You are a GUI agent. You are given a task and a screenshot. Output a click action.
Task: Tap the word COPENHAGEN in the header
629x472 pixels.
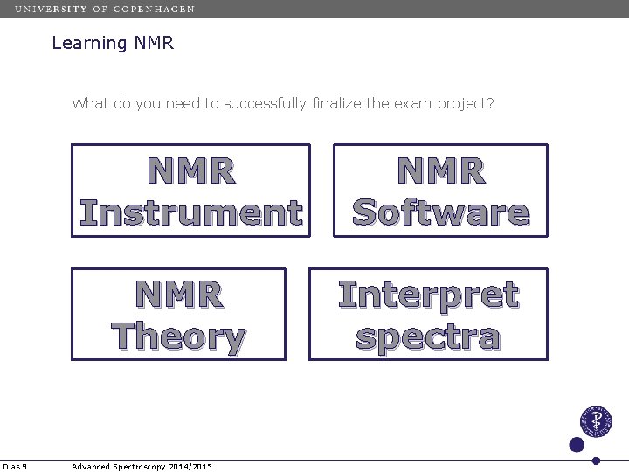point(154,9)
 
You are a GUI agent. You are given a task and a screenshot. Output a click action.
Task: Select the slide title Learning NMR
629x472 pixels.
point(113,43)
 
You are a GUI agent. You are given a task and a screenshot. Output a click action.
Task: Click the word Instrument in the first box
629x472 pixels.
point(190,212)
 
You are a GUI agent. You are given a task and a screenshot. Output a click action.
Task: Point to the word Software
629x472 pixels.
point(440,212)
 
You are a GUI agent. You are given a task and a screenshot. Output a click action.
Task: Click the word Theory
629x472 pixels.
point(178,337)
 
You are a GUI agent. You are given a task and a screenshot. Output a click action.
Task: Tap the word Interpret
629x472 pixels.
point(428,295)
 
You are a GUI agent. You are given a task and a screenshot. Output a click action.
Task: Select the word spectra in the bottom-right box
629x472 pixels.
point(428,337)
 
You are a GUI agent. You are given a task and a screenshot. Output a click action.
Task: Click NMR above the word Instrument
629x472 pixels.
point(190,171)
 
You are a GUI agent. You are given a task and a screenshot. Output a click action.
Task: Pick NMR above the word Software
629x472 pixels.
point(440,171)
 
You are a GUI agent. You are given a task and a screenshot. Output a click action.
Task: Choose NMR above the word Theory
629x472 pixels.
point(178,295)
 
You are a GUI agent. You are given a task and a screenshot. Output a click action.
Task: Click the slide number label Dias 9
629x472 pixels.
point(15,466)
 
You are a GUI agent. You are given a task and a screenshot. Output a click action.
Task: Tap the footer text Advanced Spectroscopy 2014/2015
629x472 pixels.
point(142,466)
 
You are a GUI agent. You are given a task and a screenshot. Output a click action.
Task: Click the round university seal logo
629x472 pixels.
point(596,422)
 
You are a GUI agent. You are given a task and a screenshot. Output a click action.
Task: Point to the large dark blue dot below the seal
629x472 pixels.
point(577,444)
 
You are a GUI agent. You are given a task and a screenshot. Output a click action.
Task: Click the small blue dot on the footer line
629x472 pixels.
point(596,461)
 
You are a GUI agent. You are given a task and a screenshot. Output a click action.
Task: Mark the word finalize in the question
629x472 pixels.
point(335,104)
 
